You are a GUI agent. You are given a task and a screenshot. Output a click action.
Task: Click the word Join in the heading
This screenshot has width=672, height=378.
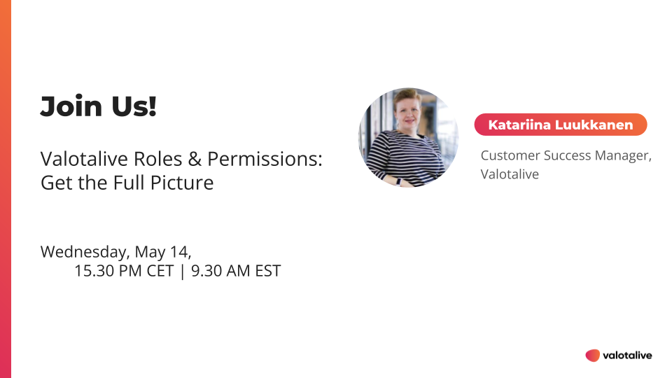coord(71,106)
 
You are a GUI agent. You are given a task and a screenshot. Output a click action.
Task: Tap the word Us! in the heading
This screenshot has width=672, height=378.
coord(134,106)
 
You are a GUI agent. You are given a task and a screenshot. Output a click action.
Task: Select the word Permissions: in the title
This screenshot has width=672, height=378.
coord(265,160)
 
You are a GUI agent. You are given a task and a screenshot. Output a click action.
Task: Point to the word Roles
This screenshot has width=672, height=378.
coord(158,159)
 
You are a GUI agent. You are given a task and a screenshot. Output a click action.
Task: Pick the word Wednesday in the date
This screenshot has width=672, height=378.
coord(85,252)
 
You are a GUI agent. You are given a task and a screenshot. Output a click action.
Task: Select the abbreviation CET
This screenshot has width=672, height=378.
coord(160,271)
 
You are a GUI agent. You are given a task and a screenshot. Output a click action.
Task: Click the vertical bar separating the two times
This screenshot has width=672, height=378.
coord(183,272)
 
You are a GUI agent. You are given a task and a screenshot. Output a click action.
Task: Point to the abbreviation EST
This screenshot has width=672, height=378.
coord(268,271)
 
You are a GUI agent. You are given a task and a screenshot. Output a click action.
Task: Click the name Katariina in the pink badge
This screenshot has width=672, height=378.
coord(519,125)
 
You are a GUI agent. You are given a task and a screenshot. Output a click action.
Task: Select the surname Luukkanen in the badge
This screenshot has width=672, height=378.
coord(594,125)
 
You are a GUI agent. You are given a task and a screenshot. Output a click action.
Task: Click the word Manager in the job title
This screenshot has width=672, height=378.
coord(623,155)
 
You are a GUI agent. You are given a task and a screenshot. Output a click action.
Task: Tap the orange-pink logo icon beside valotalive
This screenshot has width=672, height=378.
coord(593,356)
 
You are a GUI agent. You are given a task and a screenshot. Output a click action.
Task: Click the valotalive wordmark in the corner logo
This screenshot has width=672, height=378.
coord(627,356)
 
